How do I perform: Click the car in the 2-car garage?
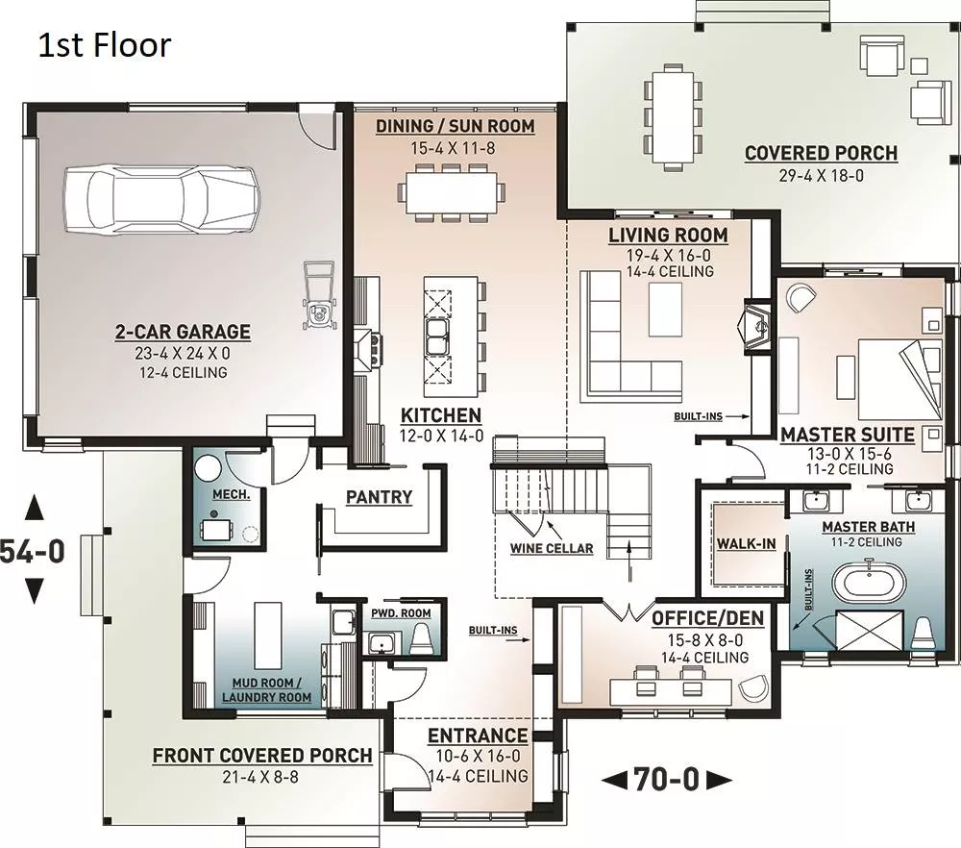(x=161, y=199)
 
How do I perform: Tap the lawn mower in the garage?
(x=319, y=296)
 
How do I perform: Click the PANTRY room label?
(x=379, y=497)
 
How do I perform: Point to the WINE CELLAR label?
(x=552, y=548)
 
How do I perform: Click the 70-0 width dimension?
(x=666, y=780)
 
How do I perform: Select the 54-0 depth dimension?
(x=32, y=551)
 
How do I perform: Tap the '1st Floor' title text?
(x=105, y=45)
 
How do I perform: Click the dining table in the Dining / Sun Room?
(x=454, y=192)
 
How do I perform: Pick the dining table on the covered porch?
(x=673, y=116)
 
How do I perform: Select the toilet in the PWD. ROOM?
(x=421, y=638)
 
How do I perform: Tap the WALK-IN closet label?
(x=746, y=543)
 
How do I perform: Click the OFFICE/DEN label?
(x=707, y=618)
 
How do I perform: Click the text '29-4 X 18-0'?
(x=822, y=175)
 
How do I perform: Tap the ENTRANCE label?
(x=478, y=736)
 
